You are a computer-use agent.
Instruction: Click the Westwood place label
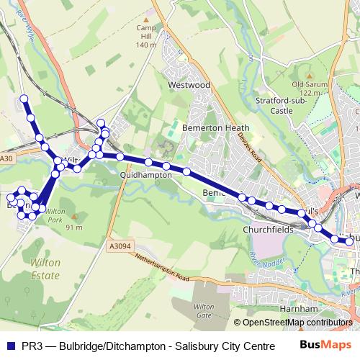[x=189, y=85]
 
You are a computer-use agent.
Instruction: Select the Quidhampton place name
[x=146, y=175]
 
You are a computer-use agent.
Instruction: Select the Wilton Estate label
[x=45, y=269]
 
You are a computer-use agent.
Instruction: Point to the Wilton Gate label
[x=204, y=311]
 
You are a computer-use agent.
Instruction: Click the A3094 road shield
[x=121, y=246]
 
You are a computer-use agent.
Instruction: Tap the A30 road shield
[x=7, y=158]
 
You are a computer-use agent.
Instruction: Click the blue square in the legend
[x=11, y=345]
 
